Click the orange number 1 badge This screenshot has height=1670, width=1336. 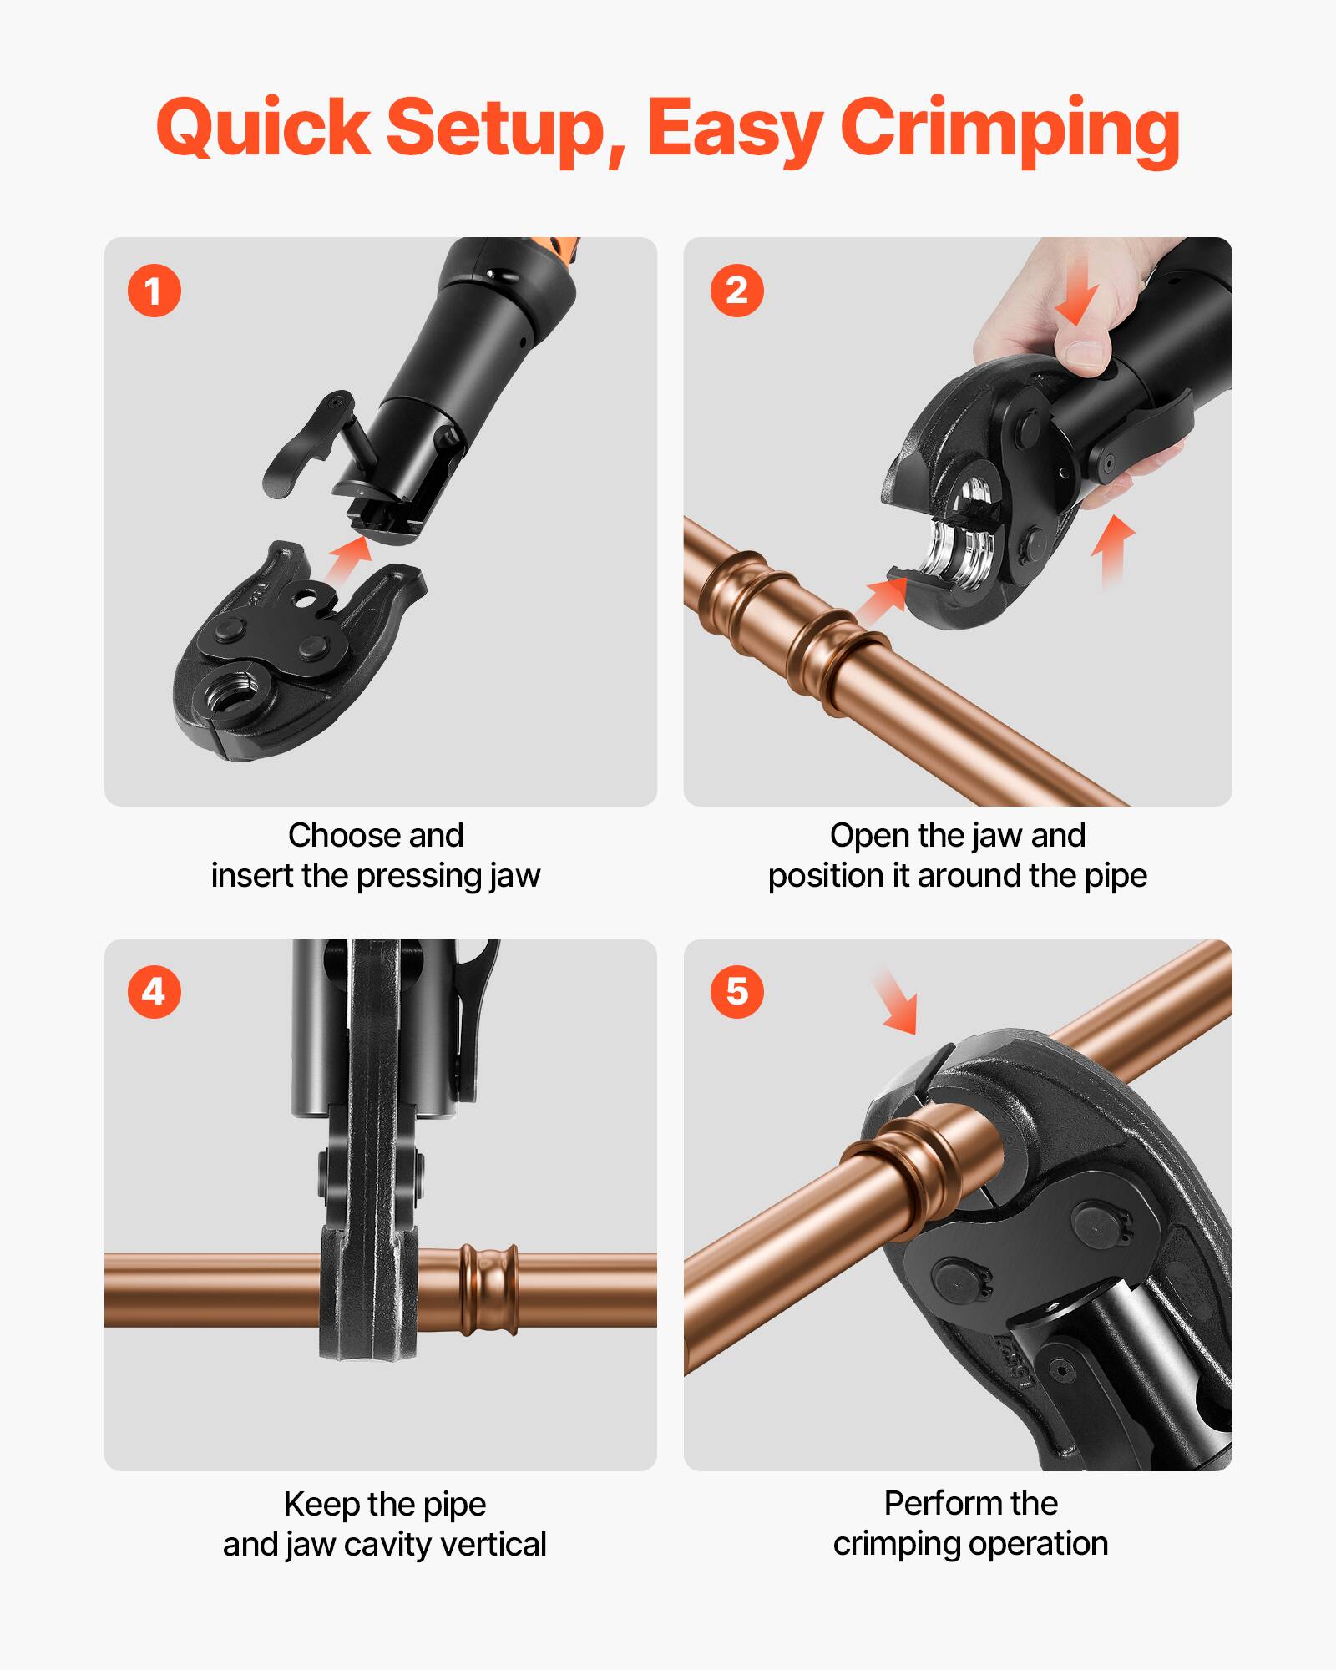coord(154,291)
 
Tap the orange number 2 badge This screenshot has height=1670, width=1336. coord(736,291)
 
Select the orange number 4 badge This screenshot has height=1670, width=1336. coord(154,992)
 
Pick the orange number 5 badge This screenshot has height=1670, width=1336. coord(736,992)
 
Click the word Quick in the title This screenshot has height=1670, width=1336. coord(263,129)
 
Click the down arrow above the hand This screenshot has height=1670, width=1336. coord(1078,301)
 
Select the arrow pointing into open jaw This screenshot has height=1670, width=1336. coord(881,601)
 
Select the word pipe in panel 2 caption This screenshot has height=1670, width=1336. coord(1116,876)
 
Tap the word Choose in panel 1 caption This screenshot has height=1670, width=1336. coord(329,835)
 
